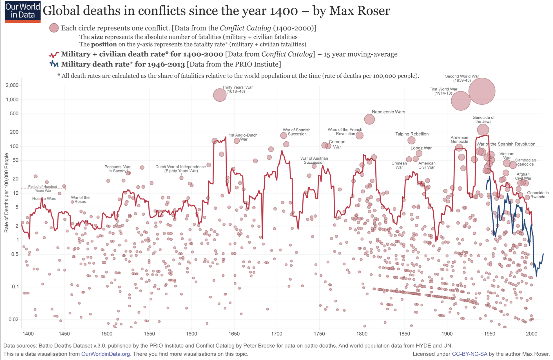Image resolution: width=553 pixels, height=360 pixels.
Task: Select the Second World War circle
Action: pos(482,91)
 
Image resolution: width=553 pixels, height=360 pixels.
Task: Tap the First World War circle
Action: pos(461,101)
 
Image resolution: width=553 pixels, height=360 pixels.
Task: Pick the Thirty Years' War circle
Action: pos(220,95)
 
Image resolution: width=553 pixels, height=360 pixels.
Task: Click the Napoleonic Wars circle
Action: pos(369,119)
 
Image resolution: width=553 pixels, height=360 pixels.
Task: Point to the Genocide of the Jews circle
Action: pos(483,130)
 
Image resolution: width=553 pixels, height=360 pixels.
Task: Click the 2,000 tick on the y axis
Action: pos(12,85)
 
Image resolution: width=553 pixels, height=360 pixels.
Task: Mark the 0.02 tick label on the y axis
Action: pos(13,319)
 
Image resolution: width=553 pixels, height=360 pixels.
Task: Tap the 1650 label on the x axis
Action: pos(234,334)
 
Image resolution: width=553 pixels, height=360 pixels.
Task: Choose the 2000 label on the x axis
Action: pos(532,334)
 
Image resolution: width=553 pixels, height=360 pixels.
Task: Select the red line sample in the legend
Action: pos(54,54)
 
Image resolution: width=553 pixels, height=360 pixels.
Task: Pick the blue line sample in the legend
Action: pos(54,64)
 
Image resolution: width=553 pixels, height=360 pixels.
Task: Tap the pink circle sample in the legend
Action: pos(54,28)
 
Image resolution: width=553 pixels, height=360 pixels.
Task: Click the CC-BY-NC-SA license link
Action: pos(469,354)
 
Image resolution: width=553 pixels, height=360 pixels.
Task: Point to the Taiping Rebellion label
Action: pos(412,134)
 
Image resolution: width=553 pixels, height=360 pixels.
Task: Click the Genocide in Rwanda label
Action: pos(538,195)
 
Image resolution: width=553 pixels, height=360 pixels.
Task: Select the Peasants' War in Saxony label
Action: pos(117,169)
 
